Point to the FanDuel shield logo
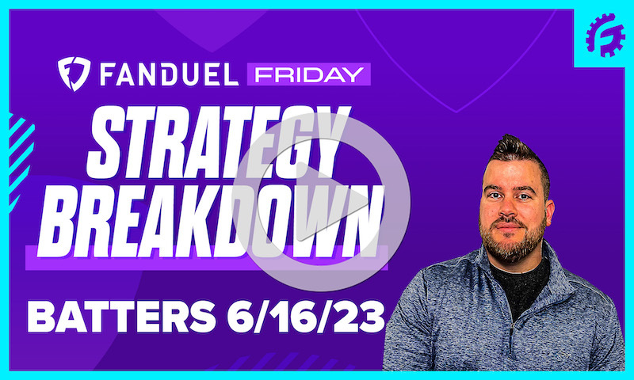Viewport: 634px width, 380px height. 74,74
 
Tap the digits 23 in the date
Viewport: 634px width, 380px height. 361,320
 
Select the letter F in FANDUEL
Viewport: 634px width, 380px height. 111,75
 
